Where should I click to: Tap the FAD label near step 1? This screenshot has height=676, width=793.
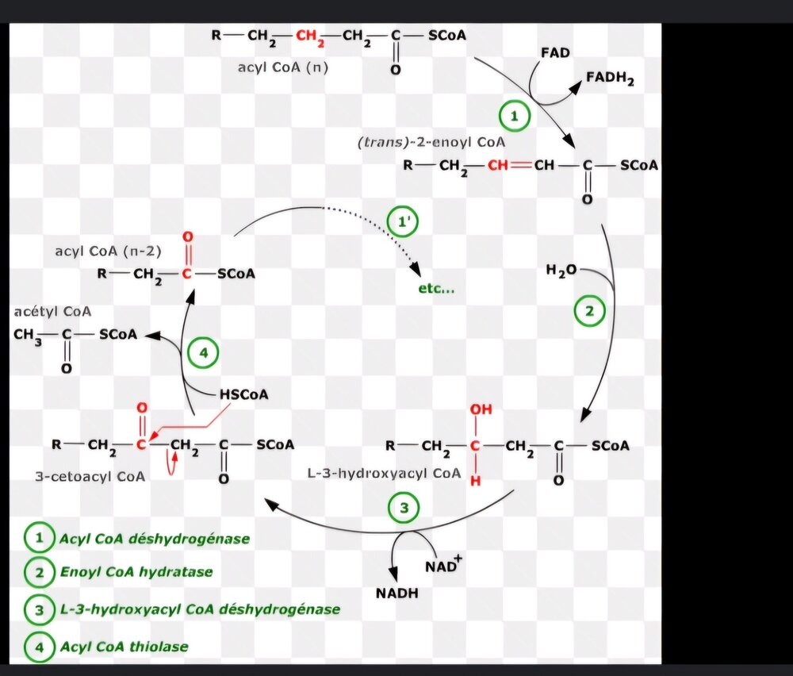555,53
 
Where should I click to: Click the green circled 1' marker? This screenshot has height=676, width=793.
402,222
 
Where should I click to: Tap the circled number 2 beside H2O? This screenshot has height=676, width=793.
589,311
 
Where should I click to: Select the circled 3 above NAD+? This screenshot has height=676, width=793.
404,509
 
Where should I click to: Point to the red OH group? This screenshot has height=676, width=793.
481,410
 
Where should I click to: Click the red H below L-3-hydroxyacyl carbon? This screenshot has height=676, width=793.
475,481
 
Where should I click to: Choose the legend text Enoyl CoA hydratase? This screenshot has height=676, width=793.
136,571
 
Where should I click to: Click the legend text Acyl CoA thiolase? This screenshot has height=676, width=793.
124,647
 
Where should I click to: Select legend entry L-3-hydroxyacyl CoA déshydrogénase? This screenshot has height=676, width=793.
199,609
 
